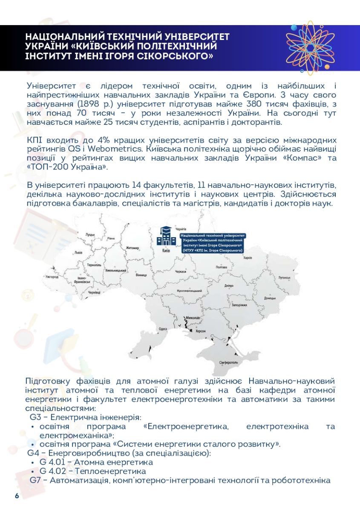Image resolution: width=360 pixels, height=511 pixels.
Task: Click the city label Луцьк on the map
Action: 90,234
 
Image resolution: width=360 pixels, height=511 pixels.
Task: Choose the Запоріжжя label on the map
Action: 239,305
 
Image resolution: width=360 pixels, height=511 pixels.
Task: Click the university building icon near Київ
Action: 166,237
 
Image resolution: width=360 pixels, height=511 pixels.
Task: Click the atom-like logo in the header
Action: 307,48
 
